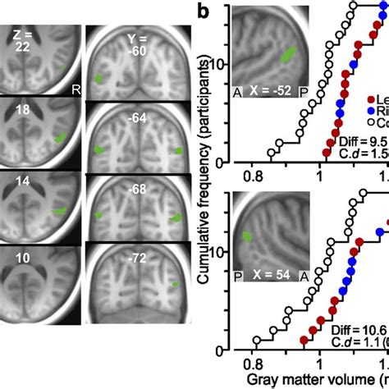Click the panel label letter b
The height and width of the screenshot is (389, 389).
209,12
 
